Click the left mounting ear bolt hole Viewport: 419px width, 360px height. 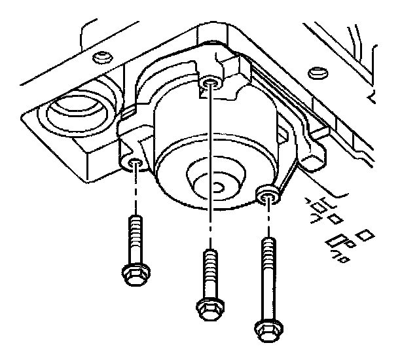tap(134, 162)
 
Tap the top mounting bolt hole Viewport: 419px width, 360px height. tap(209, 82)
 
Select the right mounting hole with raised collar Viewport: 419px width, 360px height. tap(266, 194)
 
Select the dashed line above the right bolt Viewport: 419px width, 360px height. tap(266, 219)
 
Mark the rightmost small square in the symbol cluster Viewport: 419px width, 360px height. tap(367, 233)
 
